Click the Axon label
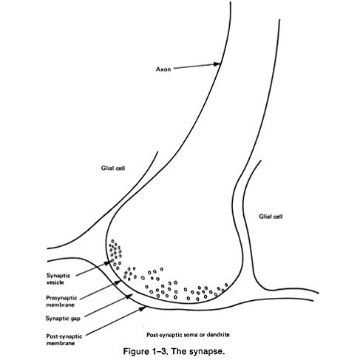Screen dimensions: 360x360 [x=163, y=69]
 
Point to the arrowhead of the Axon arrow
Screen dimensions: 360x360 [x=217, y=64]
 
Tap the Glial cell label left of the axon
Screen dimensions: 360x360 [x=113, y=169]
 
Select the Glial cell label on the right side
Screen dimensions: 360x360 [x=271, y=217]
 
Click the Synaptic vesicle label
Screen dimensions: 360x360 [x=58, y=279]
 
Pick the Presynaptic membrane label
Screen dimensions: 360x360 [x=61, y=301]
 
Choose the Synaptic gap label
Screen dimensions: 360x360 [x=63, y=319]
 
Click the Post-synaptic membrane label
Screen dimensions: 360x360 [x=64, y=339]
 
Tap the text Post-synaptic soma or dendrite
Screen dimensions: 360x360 [x=188, y=335]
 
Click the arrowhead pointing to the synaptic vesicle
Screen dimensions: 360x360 [x=108, y=262]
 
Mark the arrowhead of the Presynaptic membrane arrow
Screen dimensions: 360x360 [x=118, y=282]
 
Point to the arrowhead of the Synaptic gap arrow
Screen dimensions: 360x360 [x=129, y=296]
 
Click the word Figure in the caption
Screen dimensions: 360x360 [x=135, y=351]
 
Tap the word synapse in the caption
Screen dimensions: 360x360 [x=207, y=352]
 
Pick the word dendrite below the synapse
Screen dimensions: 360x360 [x=218, y=335]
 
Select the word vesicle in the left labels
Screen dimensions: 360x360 [x=55, y=282]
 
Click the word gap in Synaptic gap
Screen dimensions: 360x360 [x=75, y=319]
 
